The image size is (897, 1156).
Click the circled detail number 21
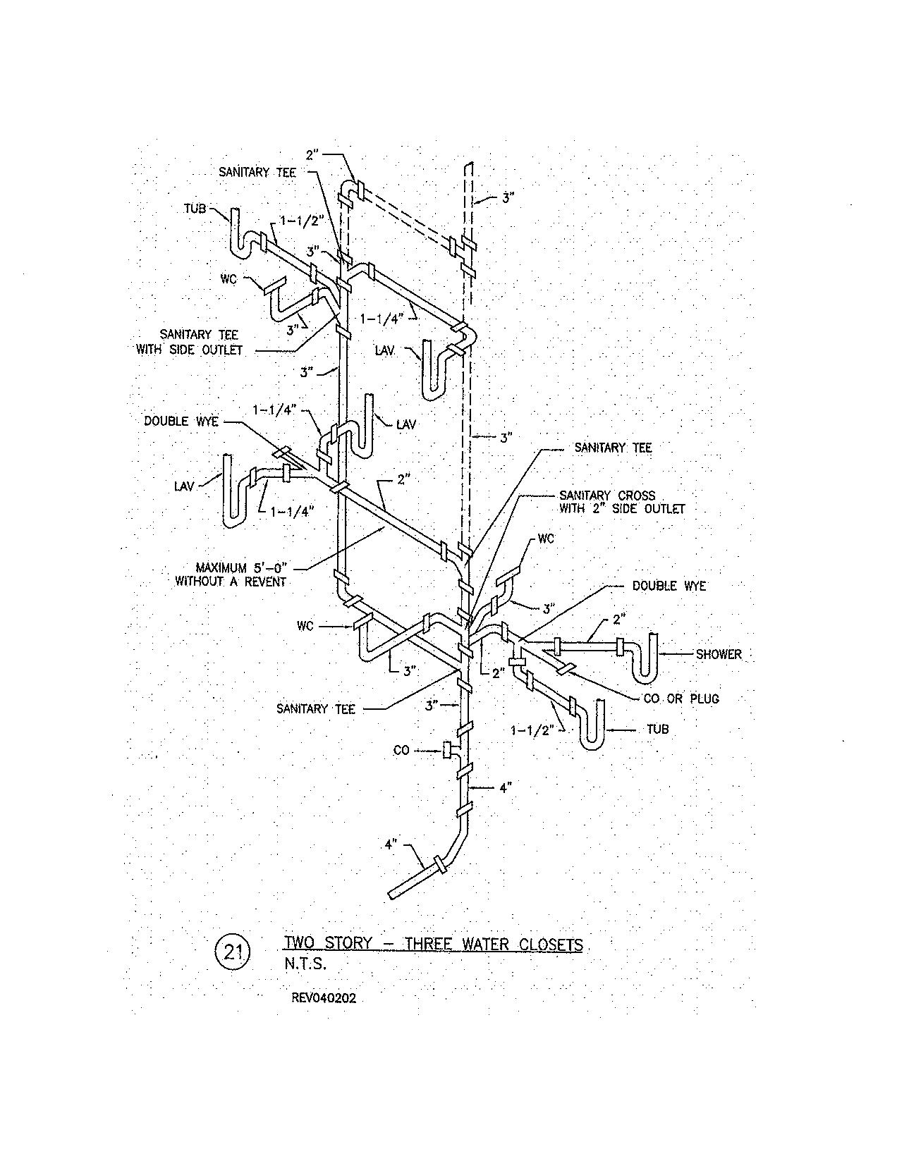point(233,952)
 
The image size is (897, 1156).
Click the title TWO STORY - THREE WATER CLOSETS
point(433,944)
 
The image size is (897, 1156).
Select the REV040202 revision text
point(322,998)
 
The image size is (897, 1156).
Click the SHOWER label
point(719,654)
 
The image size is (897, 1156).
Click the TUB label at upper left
point(195,209)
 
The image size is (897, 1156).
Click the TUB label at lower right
point(657,729)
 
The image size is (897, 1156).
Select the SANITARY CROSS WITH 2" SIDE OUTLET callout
point(621,502)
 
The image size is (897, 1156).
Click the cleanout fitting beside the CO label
point(447,751)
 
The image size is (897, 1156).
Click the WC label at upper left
point(228,279)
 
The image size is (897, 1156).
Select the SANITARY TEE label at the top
point(257,172)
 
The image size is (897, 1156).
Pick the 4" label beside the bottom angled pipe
point(392,843)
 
